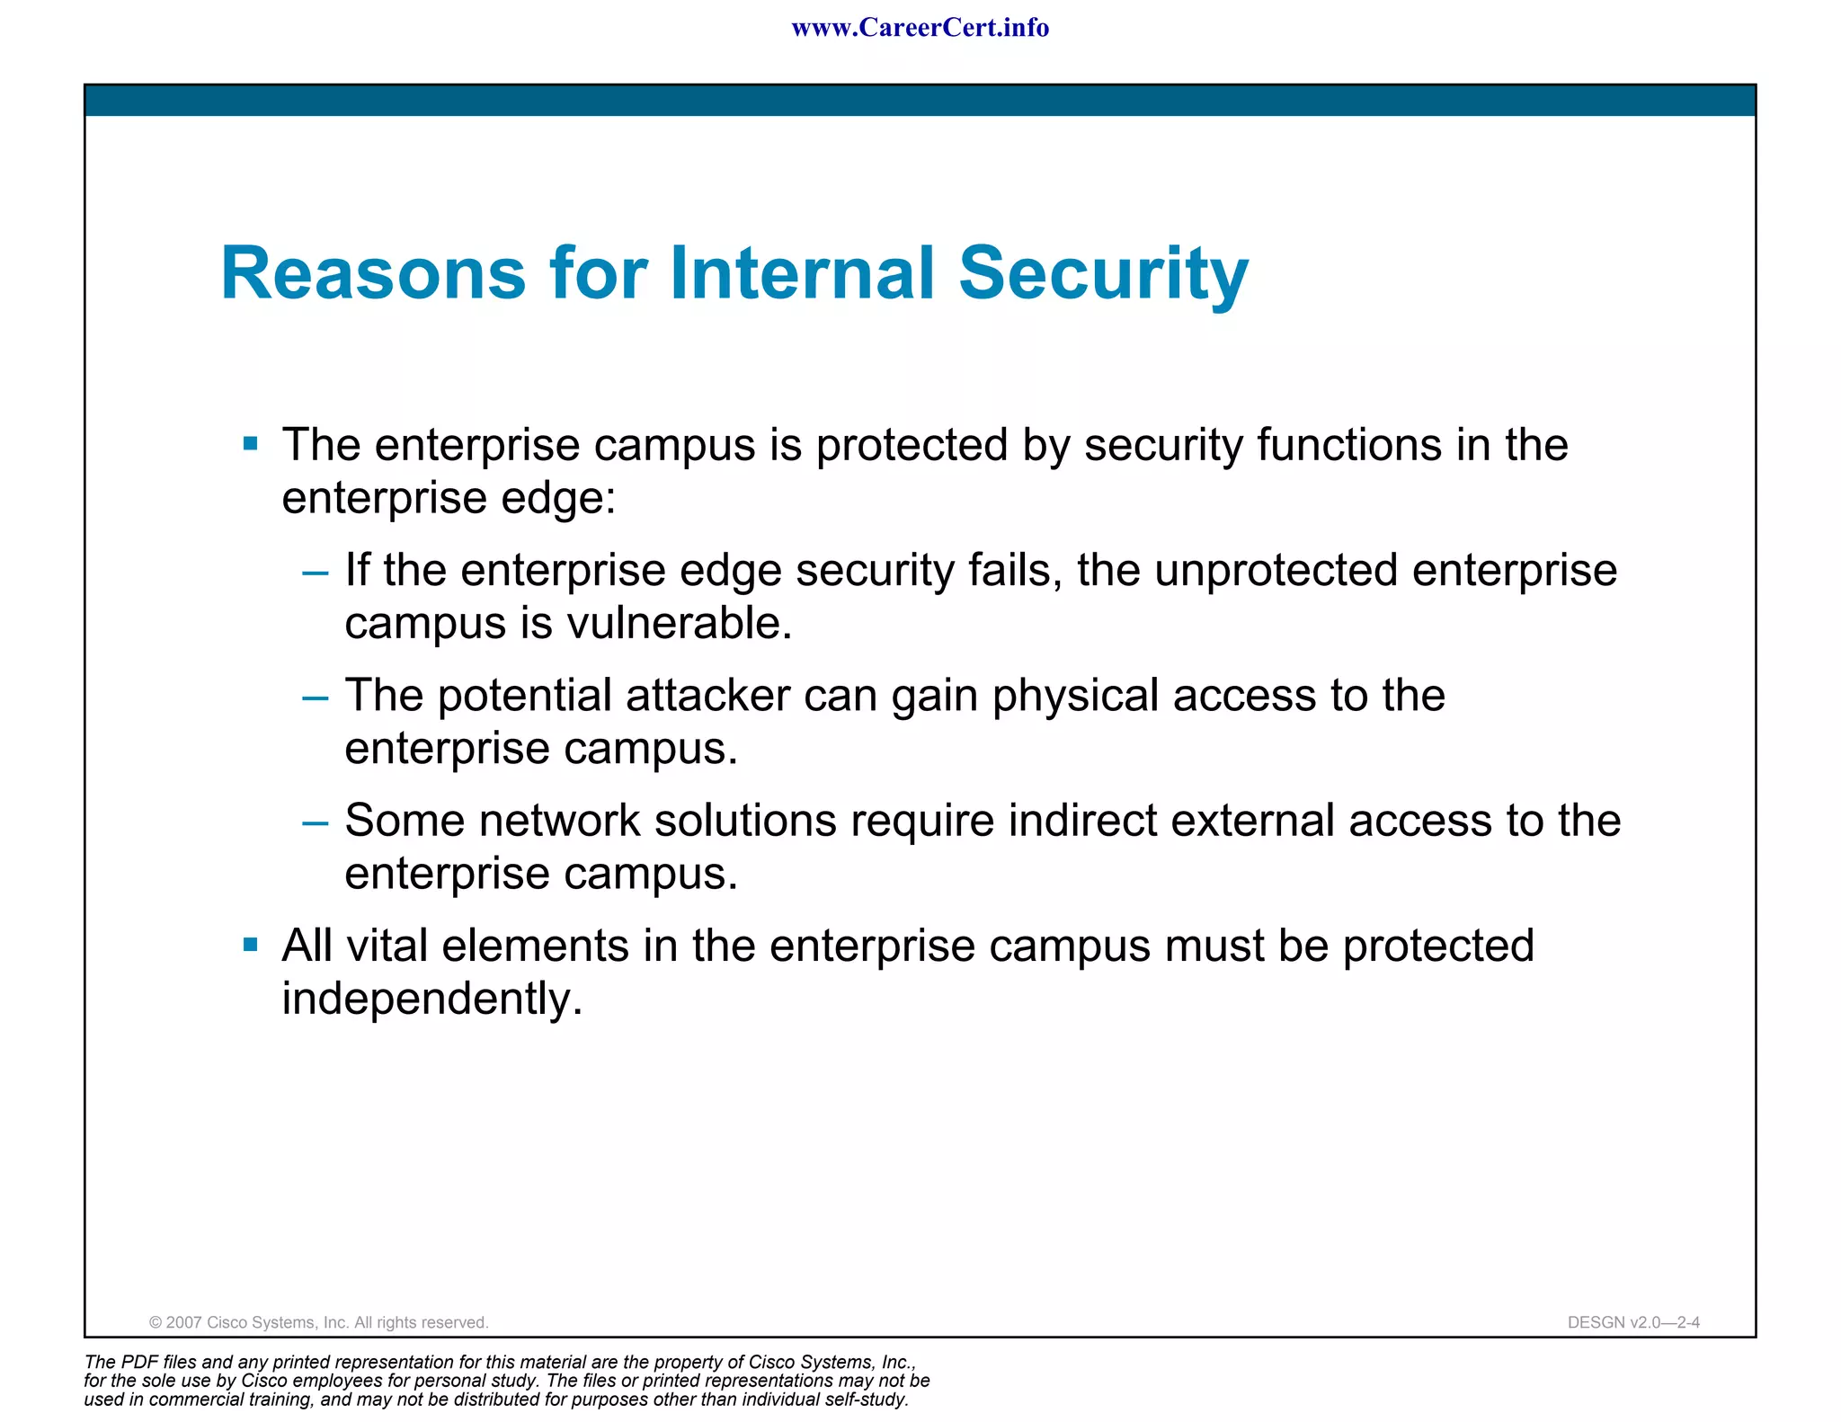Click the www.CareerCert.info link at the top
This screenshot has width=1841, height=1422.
[x=920, y=28]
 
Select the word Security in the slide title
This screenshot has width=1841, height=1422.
[x=1103, y=273]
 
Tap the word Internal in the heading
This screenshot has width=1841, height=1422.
[x=803, y=273]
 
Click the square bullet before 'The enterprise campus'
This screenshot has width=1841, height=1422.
[x=251, y=443]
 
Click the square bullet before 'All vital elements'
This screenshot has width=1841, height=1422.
[x=251, y=945]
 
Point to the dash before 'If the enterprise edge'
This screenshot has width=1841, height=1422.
[x=316, y=573]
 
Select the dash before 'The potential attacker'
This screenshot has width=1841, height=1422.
[x=316, y=698]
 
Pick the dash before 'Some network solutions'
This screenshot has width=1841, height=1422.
[x=316, y=822]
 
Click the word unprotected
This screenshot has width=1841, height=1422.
[x=1276, y=570]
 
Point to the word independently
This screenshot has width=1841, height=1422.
[x=431, y=999]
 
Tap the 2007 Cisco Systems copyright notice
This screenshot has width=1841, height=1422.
[x=318, y=1322]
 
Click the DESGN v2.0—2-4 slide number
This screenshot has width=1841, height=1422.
[x=1632, y=1322]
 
